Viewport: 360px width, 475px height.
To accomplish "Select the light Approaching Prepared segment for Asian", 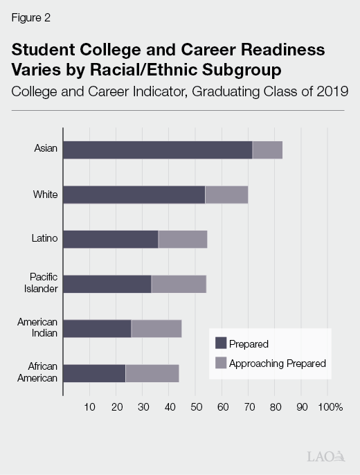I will [267, 150].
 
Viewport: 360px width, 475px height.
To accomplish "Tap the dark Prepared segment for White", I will [134, 195].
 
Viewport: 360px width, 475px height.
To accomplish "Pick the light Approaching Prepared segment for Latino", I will [183, 239].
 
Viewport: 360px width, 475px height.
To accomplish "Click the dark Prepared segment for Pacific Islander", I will [107, 284].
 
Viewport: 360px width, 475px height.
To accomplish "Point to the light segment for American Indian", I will [156, 328].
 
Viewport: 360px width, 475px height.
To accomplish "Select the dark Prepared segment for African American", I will [94, 373].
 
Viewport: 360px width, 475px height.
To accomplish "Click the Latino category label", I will [45, 239].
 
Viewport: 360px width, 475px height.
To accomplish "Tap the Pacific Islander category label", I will [41, 284].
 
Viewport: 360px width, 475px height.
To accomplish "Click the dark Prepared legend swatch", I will [221, 343].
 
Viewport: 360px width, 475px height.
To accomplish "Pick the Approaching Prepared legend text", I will [277, 363].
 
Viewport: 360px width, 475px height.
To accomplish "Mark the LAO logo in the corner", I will [325, 456].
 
